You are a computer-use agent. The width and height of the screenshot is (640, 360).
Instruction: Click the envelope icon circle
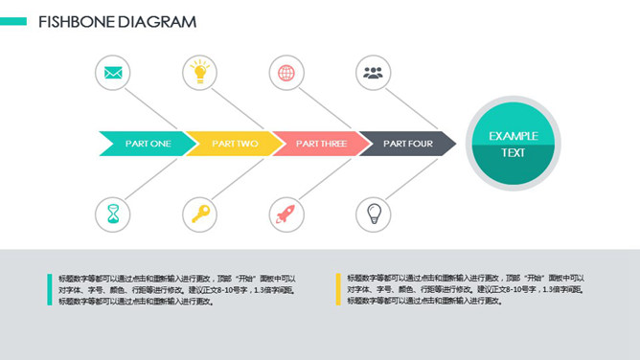(x=114, y=73)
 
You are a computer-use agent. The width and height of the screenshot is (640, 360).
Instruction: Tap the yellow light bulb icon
(x=199, y=72)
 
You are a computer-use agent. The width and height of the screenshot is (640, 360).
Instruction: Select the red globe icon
(x=286, y=73)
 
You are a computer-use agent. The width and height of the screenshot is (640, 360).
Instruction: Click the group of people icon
(x=374, y=73)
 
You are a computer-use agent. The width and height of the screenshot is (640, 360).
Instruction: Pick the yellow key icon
(x=200, y=214)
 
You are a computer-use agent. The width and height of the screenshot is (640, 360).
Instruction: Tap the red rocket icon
(x=286, y=214)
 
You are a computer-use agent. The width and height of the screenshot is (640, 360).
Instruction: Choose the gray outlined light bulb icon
(x=374, y=214)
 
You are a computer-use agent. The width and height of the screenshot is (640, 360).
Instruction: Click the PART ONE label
(x=148, y=144)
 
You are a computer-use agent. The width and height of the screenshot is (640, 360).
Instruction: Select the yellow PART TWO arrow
(x=235, y=144)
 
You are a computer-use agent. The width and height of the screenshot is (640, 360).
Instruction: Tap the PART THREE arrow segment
(x=321, y=144)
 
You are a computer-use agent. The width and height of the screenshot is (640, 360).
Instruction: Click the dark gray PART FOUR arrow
(x=407, y=144)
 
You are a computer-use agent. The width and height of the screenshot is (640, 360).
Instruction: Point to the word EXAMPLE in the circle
(x=514, y=136)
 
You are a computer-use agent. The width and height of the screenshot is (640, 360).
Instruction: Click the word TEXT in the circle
(x=514, y=153)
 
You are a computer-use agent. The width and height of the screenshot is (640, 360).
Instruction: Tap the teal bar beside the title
(x=13, y=21)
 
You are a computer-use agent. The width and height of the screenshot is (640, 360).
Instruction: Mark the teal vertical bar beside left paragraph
(x=49, y=289)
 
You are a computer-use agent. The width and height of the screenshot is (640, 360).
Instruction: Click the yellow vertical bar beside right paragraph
(x=337, y=289)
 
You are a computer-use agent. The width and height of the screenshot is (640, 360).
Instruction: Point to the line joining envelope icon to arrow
(x=145, y=105)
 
